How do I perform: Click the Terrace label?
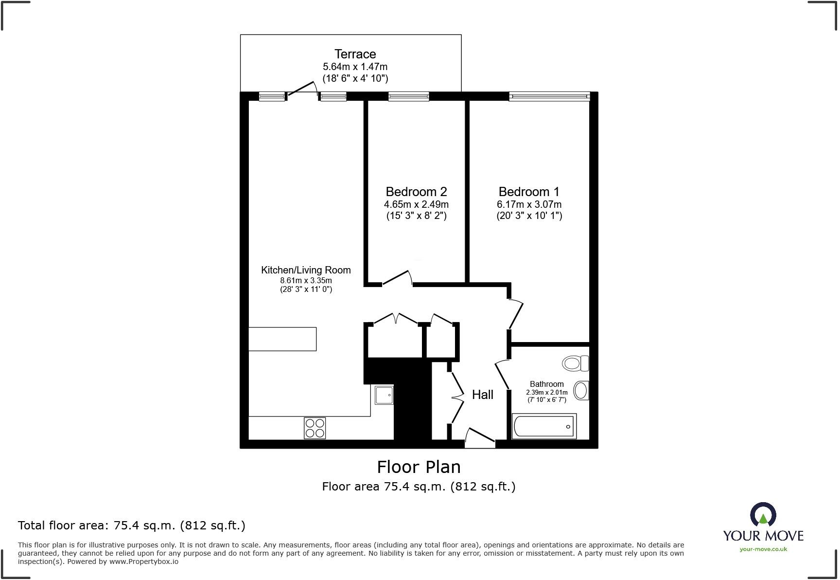(355, 54)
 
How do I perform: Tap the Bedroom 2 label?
(416, 192)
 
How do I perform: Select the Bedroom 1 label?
(529, 192)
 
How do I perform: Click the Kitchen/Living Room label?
(306, 270)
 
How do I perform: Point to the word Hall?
(482, 395)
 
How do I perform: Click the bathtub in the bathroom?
(544, 426)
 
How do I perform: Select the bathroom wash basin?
(581, 390)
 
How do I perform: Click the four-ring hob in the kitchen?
(315, 428)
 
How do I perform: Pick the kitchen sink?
(384, 395)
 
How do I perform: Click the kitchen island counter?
(282, 339)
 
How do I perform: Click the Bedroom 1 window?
(549, 97)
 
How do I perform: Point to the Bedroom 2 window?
(408, 97)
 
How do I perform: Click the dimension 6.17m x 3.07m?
(529, 204)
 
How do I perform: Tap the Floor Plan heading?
(419, 467)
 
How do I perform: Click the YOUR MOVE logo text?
(763, 536)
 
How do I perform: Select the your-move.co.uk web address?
(763, 549)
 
